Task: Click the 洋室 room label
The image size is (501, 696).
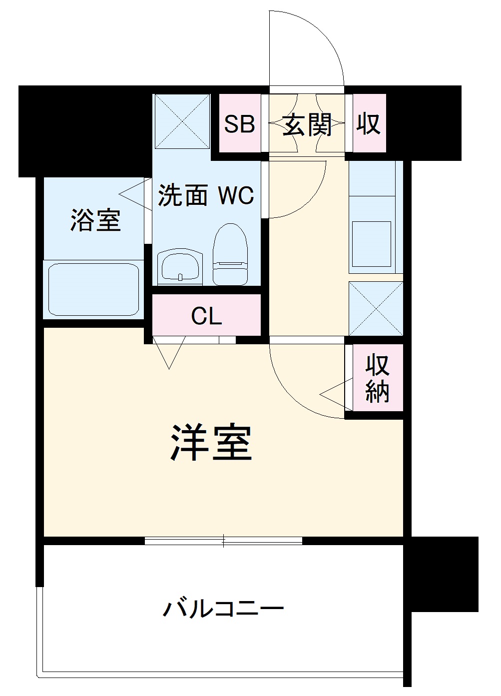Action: [x=211, y=443]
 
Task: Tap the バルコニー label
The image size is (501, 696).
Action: [x=223, y=609]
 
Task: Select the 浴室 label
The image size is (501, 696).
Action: [x=95, y=220]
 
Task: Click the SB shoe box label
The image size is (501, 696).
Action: [x=239, y=123]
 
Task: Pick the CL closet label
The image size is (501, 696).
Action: [x=206, y=316]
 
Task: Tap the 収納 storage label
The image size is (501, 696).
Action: [x=377, y=379]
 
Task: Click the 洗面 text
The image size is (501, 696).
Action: [x=182, y=195]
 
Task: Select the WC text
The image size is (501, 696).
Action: [x=235, y=195]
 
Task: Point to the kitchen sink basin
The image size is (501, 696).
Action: [x=372, y=244]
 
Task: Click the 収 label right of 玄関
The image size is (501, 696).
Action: [x=368, y=123]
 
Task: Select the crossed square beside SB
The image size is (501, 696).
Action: [x=181, y=121]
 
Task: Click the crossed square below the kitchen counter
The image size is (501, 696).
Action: [x=375, y=308]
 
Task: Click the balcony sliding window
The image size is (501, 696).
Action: [x=223, y=540]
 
